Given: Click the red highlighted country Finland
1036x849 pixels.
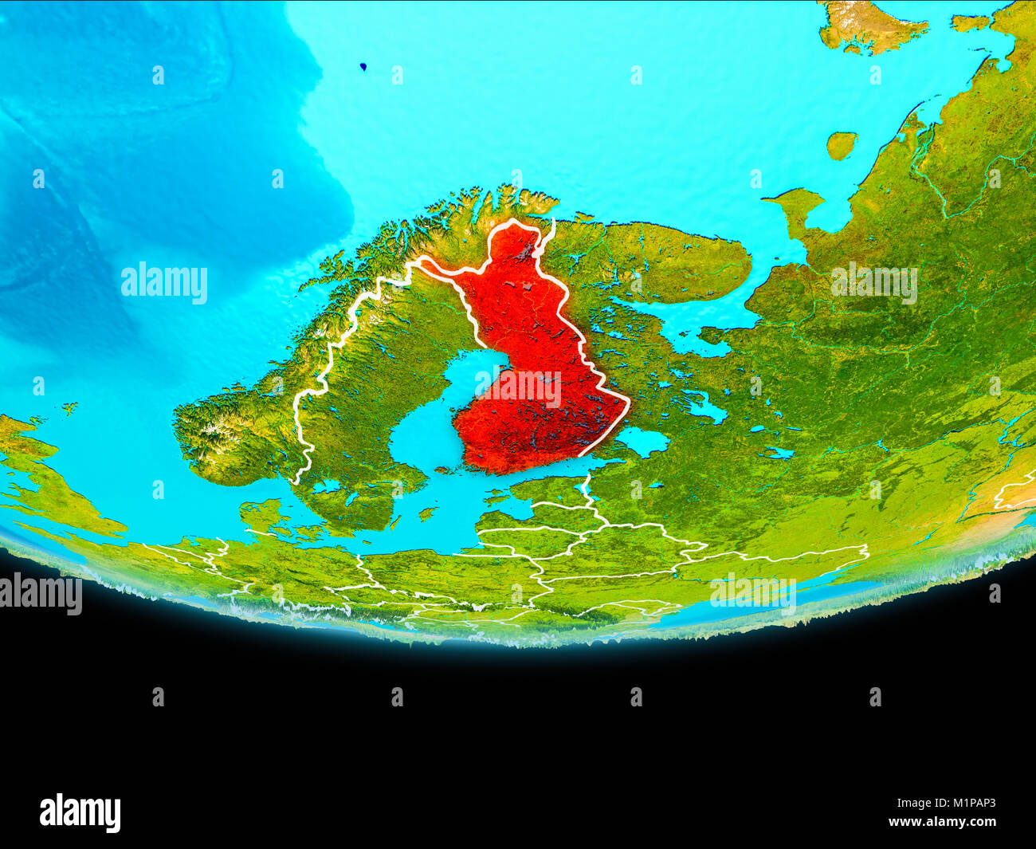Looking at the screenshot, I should tap(530, 359).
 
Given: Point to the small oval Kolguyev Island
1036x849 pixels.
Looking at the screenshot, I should tap(841, 145).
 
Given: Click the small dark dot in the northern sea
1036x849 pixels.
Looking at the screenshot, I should tap(363, 68).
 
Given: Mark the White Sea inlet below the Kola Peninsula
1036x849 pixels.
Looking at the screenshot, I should tap(685, 327).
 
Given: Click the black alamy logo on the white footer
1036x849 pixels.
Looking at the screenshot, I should tap(80, 813).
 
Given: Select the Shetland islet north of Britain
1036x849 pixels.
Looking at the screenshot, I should tap(70, 408).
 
